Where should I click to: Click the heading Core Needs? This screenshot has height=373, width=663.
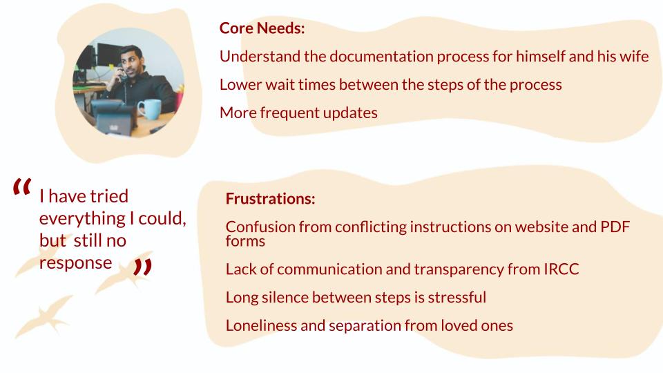coord(262,28)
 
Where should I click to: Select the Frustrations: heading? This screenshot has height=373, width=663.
coord(270,199)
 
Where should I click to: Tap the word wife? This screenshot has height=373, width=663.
coord(634,56)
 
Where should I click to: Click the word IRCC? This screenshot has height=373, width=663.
coord(561,269)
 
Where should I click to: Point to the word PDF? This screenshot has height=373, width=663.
coord(615,227)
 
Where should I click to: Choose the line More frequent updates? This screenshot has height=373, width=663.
coord(298,113)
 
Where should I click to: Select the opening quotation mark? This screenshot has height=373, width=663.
coord(21,186)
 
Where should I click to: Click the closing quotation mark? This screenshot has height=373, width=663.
coord(142,267)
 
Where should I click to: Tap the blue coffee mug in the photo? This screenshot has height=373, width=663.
coord(149,109)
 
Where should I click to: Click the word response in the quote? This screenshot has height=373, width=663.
coord(76,263)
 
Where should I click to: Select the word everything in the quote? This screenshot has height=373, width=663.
coord(82,219)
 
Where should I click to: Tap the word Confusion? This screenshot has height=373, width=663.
coord(260,227)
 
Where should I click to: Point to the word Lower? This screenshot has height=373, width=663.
coord(240,84)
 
